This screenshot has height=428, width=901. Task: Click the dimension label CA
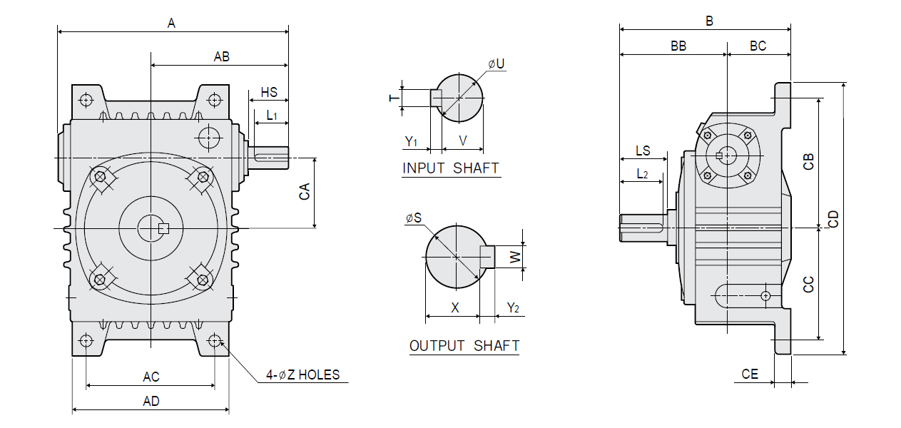(305, 192)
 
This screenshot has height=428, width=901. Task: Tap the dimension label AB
(222, 57)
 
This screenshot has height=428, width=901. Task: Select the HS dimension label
(269, 93)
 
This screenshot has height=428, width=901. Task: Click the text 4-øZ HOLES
(303, 374)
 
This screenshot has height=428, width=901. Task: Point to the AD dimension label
(151, 401)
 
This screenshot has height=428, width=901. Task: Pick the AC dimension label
(151, 377)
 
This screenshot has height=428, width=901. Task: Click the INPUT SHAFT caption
(451, 168)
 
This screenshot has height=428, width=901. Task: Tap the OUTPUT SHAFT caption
(464, 346)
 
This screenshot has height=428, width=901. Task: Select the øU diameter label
(497, 64)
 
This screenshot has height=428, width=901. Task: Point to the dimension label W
(515, 256)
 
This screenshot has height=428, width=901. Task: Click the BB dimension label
(678, 46)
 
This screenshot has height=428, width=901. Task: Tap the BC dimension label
(758, 46)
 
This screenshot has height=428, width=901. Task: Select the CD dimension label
(833, 218)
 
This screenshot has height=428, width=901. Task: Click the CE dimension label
(750, 374)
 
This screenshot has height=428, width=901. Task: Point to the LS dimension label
(643, 151)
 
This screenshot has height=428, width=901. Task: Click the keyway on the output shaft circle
(487, 256)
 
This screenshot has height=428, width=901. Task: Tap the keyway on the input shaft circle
(436, 98)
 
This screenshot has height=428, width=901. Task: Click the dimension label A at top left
(171, 23)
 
